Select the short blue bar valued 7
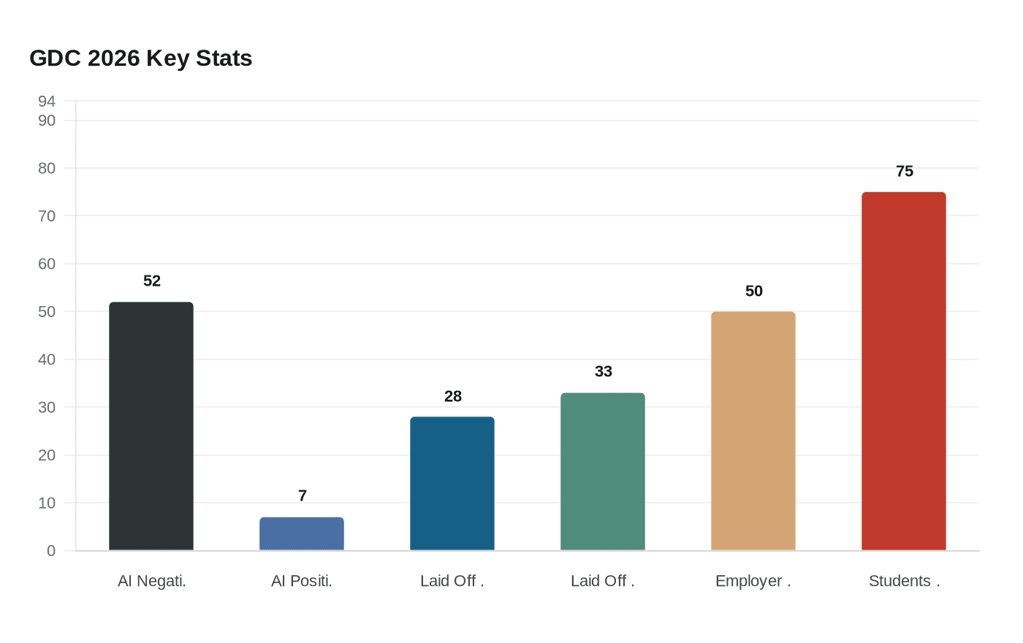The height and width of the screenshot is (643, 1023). pos(302,534)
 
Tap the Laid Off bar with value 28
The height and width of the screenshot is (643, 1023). pos(452,484)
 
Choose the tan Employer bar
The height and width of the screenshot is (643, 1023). pos(753,431)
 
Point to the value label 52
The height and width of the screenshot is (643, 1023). pos(152,281)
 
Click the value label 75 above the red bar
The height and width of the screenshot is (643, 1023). pos(905,172)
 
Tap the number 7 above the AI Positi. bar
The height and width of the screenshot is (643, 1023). pos(303,496)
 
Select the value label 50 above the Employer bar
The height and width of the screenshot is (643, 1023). pos(754,292)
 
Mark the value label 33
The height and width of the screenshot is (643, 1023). pos(604,372)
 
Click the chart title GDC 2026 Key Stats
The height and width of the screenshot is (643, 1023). pos(141,58)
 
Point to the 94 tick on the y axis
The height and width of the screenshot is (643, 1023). pos(47,101)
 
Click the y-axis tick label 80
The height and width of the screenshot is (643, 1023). pos(47,169)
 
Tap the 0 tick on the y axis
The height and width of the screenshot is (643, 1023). pos(51,551)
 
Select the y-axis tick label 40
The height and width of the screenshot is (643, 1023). pos(47,359)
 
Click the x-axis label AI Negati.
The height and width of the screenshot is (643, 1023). pos(152,582)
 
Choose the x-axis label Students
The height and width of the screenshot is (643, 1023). pos(904,582)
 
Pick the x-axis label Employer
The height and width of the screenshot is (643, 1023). pos(753,582)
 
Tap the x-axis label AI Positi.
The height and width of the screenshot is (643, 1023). pos(302,582)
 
